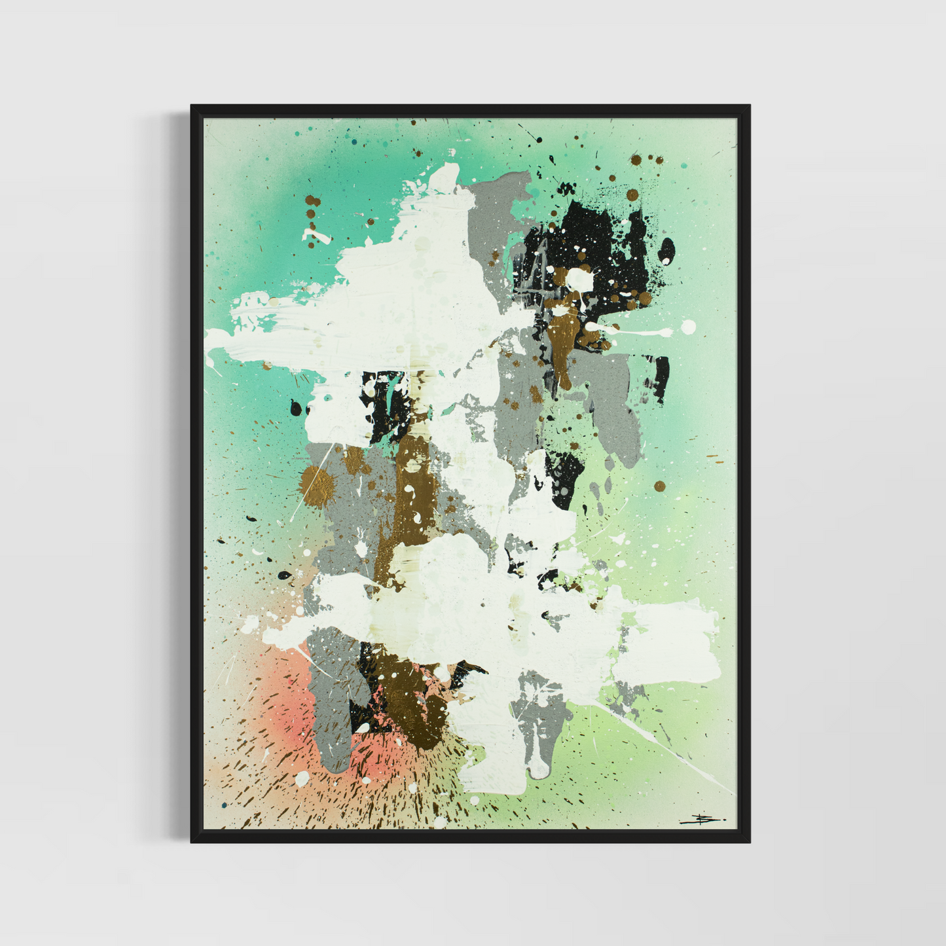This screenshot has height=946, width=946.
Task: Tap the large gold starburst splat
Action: tap(317, 486)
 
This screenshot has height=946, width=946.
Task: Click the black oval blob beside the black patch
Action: tap(666, 250)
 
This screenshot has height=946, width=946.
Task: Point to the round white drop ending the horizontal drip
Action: tap(687, 327)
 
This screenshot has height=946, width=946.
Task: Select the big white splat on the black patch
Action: tap(579, 280)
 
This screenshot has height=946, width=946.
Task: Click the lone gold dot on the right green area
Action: tap(659, 486)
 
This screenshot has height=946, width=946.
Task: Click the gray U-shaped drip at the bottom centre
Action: tap(538, 733)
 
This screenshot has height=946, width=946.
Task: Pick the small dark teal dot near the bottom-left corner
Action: tap(225, 805)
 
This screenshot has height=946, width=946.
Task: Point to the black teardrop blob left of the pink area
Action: tap(284, 575)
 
